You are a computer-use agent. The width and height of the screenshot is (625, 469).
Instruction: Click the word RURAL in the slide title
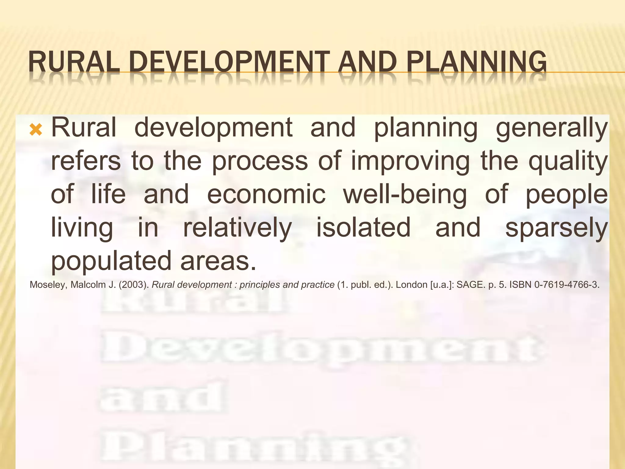tap(74, 62)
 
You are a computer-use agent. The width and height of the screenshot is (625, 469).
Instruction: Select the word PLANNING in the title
tap(476, 62)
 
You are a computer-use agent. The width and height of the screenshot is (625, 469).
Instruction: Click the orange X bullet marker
tap(36, 130)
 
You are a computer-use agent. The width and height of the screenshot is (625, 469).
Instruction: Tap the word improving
tap(410, 162)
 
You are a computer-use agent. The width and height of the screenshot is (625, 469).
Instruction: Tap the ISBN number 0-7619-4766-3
tap(566, 285)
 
